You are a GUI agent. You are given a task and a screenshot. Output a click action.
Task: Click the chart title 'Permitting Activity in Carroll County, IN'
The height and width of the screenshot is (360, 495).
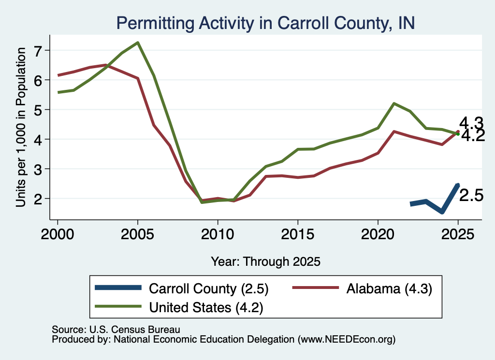coord(265,23)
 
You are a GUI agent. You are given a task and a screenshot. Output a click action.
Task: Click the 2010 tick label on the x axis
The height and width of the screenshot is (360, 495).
coord(218,234)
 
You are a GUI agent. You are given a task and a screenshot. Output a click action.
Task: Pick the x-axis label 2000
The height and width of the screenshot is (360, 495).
coord(58,234)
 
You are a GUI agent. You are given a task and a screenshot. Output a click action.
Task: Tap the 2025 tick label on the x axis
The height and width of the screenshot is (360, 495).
coord(458,234)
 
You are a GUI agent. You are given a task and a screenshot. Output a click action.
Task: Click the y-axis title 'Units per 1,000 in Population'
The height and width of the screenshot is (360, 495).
coord(21,127)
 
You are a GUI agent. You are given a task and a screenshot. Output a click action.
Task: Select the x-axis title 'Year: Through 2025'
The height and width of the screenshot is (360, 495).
coord(265,261)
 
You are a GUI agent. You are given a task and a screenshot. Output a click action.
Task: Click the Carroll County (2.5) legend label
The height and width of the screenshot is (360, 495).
coord(209,288)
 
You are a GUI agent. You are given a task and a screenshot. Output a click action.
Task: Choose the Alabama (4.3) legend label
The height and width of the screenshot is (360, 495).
coord(389,288)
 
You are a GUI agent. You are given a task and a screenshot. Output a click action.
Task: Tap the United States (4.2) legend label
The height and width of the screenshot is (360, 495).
coord(206,307)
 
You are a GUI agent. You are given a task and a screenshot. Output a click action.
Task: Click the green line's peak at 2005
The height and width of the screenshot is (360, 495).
coord(138,43)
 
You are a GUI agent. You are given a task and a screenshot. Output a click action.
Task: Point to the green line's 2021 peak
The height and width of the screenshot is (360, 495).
coord(393,103)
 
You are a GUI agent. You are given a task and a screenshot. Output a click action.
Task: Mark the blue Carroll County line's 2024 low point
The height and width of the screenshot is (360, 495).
coord(442,212)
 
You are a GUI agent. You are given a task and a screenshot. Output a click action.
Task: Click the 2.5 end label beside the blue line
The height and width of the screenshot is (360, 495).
coord(471,196)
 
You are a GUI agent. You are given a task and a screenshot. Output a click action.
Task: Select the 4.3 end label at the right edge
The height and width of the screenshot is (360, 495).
coord(471,122)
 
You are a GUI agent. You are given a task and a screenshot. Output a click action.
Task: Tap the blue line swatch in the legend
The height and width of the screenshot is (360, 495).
coord(118,288)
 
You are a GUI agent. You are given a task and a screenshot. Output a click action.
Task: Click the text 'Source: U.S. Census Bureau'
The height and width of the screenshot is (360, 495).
coord(116,330)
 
